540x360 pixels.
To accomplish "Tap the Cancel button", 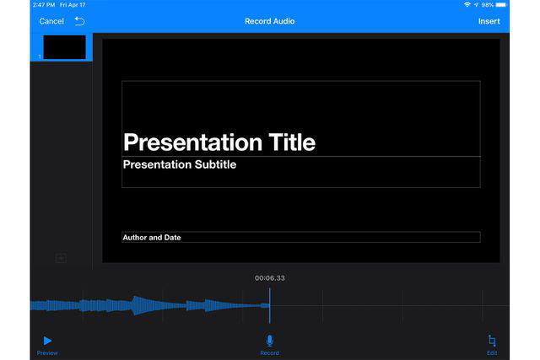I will pyautogui.click(x=51, y=21).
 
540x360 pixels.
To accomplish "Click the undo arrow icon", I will pyautogui.click(x=79, y=20).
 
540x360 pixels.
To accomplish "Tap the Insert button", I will pyautogui.click(x=489, y=21).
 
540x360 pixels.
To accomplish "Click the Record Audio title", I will pyautogui.click(x=269, y=21).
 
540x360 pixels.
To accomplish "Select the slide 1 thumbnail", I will pyautogui.click(x=64, y=47).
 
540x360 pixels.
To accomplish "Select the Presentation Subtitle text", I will pyautogui.click(x=180, y=164).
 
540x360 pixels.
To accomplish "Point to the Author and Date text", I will pyautogui.click(x=152, y=238).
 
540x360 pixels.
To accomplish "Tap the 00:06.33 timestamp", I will pyautogui.click(x=269, y=277).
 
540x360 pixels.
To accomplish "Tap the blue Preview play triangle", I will pyautogui.click(x=47, y=341).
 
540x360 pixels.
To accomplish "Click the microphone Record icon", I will pyautogui.click(x=269, y=341).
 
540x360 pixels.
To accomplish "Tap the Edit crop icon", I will pyautogui.click(x=492, y=341).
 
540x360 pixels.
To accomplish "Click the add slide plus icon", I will pyautogui.click(x=61, y=258).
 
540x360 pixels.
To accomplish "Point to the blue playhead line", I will pyautogui.click(x=269, y=305).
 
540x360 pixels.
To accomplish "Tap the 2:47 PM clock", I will pyautogui.click(x=44, y=5).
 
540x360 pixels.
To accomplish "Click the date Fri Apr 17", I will pyautogui.click(x=73, y=5).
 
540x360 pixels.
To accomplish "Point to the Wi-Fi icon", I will pyautogui.click(x=467, y=5).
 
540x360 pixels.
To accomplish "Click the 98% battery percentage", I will pyautogui.click(x=488, y=5).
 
